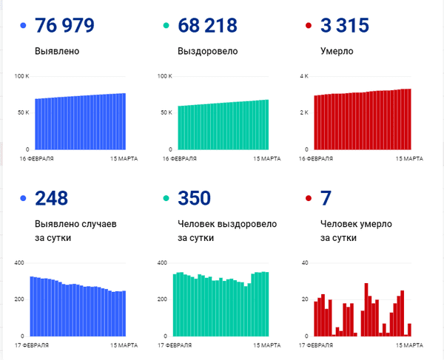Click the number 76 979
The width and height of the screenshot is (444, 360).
pos(64,26)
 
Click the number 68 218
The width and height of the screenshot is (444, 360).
pos(207,26)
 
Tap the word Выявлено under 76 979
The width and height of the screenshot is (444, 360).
pos(57,52)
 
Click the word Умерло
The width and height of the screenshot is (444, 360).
pos(337,52)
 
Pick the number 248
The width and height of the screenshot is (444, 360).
pos(51,198)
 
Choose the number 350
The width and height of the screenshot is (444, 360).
pos(195,198)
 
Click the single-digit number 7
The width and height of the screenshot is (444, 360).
pos(326,198)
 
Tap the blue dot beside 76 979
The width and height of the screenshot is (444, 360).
pos(23,27)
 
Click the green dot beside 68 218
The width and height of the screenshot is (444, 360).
pos(166,27)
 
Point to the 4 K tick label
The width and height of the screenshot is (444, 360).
pos(303,76)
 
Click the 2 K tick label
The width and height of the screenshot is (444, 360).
pos(303,112)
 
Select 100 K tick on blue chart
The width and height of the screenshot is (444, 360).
pos(21,76)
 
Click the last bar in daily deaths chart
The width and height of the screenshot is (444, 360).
pos(409,330)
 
